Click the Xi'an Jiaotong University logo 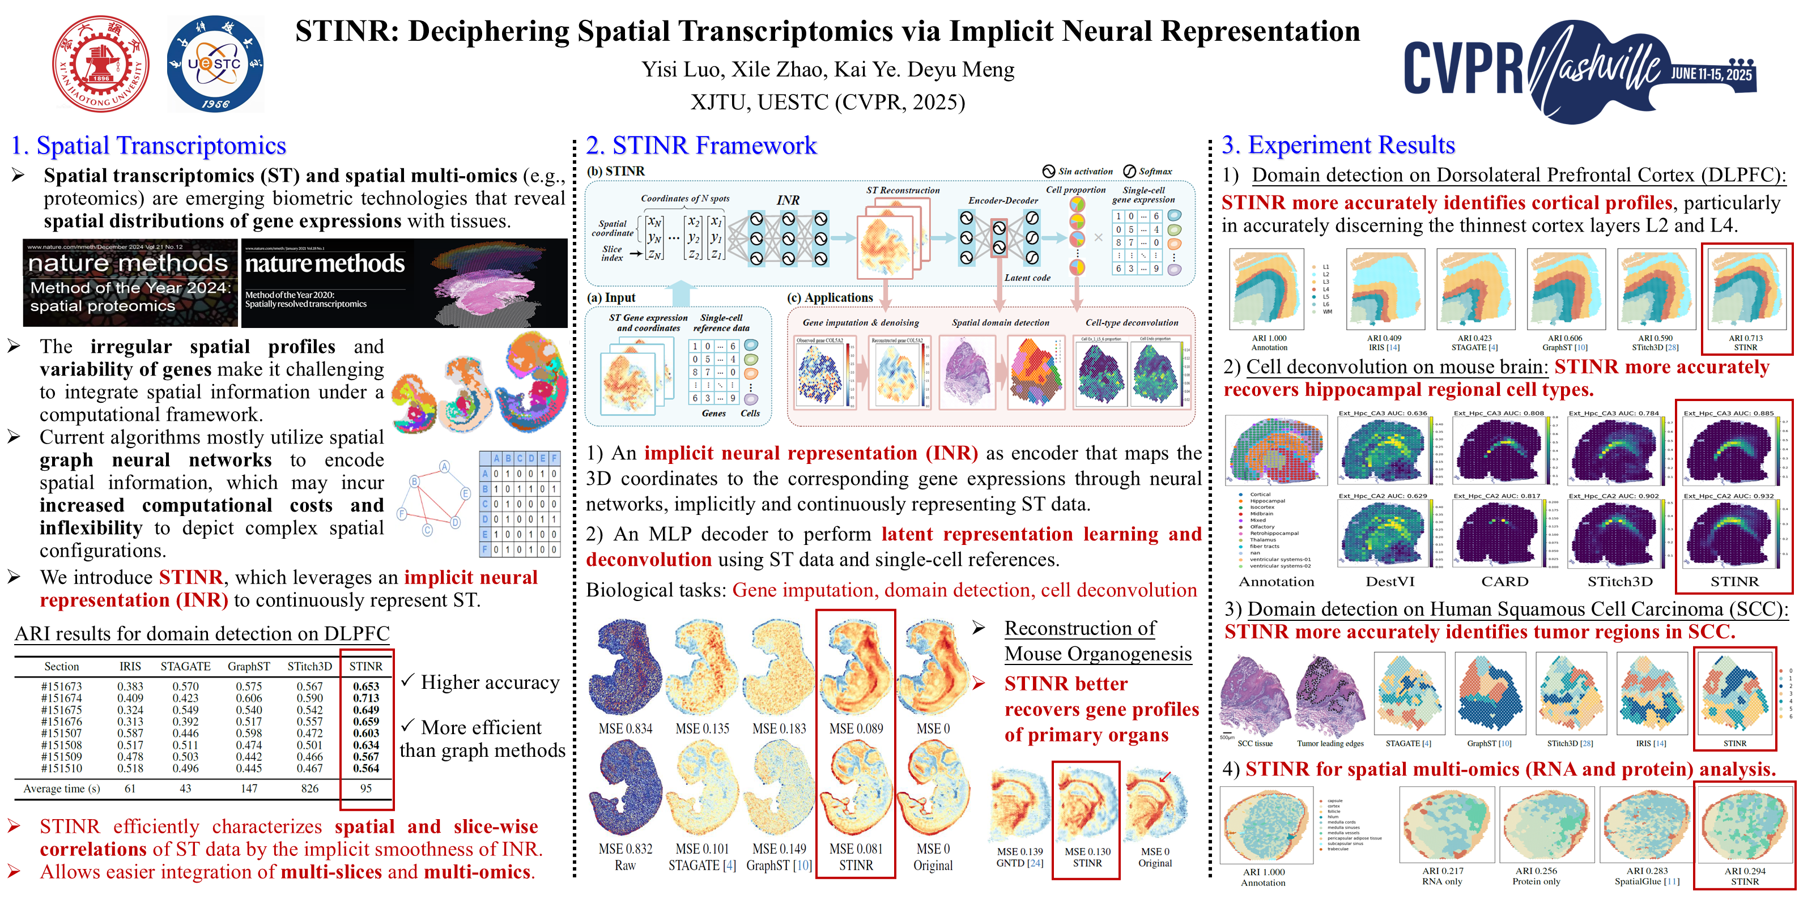tap(101, 63)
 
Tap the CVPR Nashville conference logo tap(1580, 70)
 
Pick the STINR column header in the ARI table tap(365, 667)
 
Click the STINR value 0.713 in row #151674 tap(366, 698)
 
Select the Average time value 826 tap(309, 788)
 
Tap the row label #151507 tap(61, 733)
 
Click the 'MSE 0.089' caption tap(856, 728)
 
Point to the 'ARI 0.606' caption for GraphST tap(1564, 338)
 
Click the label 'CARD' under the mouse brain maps tap(1505, 581)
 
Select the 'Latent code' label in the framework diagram tap(1027, 278)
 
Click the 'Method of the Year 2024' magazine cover tap(130, 283)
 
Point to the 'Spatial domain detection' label tap(1000, 322)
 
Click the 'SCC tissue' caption tap(1255, 743)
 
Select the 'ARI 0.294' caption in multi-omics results tap(1745, 871)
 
